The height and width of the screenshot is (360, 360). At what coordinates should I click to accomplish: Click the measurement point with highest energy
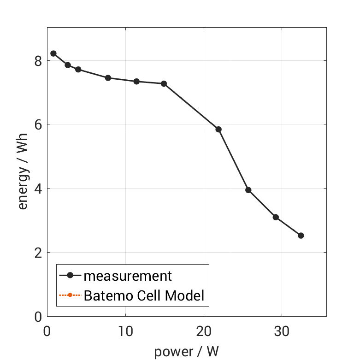point(53,53)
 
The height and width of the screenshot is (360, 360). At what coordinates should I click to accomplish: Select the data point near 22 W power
point(218,130)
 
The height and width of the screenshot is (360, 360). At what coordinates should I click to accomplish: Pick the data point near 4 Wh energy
point(248,190)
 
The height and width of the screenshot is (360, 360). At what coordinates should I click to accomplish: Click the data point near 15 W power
point(164,83)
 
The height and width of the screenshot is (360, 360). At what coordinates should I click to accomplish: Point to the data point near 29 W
point(276,217)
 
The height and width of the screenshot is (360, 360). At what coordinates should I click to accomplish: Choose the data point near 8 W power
point(108,78)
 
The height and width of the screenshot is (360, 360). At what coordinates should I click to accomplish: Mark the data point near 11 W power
point(136,82)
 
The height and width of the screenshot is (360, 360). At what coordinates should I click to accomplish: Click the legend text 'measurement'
point(128,276)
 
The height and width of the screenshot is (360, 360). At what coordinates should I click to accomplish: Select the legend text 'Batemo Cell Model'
point(144,295)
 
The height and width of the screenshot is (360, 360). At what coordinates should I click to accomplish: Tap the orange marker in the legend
point(70,295)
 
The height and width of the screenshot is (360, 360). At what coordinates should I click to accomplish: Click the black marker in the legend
point(70,276)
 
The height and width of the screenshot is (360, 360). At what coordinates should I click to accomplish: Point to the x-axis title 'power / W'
point(186,352)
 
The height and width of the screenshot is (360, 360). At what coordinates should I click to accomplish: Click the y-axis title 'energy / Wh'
point(23,172)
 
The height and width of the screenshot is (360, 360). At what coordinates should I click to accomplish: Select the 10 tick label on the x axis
point(125,332)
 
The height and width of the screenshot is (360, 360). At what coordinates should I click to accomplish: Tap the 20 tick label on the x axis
point(203,332)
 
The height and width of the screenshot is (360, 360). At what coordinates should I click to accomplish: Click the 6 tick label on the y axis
point(38,125)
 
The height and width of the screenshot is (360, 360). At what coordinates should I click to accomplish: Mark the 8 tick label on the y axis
point(38,61)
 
